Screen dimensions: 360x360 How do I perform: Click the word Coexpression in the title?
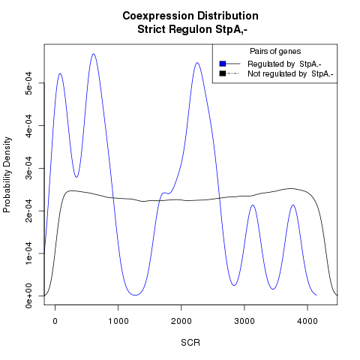[x=157, y=16]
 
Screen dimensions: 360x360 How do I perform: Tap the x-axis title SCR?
[x=190, y=343]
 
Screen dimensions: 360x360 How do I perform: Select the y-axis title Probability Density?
[x=7, y=175]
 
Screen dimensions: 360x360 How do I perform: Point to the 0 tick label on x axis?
[x=55, y=321]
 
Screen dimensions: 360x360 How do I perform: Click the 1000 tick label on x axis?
[x=118, y=321]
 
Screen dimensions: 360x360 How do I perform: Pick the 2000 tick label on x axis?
[x=181, y=321]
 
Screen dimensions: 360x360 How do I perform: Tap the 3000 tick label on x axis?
[x=244, y=321]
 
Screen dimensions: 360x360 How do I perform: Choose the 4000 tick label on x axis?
[x=307, y=321]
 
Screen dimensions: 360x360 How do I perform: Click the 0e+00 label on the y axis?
[x=28, y=296]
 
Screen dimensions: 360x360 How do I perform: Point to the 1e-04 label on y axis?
[x=28, y=253]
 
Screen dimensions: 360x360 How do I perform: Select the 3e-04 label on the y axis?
[x=28, y=168]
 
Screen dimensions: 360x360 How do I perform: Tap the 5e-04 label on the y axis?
[x=28, y=83]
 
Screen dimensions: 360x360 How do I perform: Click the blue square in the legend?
[x=223, y=64]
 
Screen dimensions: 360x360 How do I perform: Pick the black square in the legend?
[x=223, y=73]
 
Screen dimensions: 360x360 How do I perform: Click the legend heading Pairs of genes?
[x=275, y=52]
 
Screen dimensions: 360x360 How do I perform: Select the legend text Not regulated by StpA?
[x=290, y=74]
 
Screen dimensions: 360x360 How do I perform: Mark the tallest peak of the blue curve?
[x=94, y=54]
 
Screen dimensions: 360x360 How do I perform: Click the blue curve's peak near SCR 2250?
[x=197, y=62]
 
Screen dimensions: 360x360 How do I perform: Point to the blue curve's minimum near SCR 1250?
[x=135, y=295]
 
